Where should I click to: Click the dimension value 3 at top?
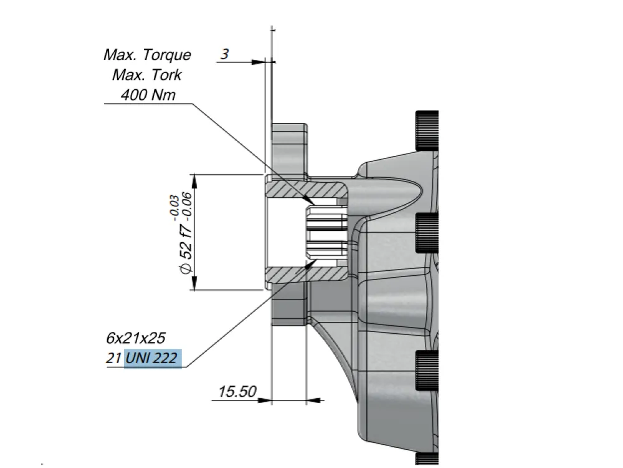[x=225, y=54]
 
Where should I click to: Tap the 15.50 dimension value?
[x=237, y=392]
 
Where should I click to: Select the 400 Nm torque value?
[x=148, y=95]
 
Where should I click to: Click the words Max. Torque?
[x=148, y=54]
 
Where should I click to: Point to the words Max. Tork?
[x=147, y=75]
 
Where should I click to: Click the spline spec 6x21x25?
[x=135, y=338]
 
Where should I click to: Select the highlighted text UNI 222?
[x=153, y=358]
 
